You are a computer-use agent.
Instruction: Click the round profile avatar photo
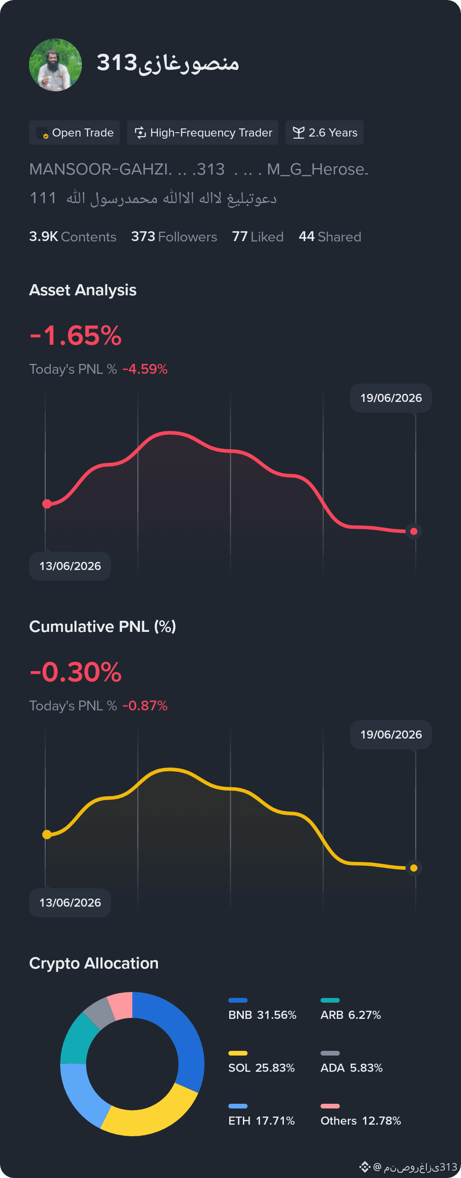coord(55,65)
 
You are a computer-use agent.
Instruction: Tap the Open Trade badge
coord(75,133)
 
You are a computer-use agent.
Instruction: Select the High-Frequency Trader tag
coord(203,133)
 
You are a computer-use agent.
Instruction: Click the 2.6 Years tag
coord(325,133)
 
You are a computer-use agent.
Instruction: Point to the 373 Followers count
coord(174,236)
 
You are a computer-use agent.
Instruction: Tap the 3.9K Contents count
coord(73,236)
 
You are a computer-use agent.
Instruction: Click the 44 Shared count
coord(330,236)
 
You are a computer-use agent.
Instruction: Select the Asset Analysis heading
coord(83,290)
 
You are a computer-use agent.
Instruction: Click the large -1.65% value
coord(76,335)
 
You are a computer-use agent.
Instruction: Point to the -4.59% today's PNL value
coord(145,369)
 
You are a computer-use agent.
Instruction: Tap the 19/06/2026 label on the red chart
coord(391,398)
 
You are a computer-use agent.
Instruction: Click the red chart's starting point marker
coord(47,504)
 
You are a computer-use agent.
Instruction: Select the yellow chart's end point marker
coord(414,868)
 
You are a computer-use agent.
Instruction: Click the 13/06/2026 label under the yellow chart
coord(70,903)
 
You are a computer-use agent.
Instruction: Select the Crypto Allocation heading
coord(94,963)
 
